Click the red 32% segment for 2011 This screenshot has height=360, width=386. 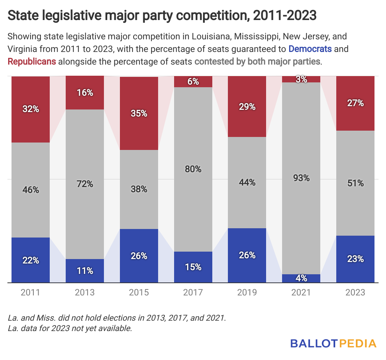pos(31,109)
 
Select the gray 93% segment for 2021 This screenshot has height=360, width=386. pos(301,178)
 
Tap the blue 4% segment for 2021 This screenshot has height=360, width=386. pos(301,278)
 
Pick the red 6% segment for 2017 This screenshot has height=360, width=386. pos(193,82)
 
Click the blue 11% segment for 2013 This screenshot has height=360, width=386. pos(85,271)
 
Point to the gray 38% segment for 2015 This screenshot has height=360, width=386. pos(139,189)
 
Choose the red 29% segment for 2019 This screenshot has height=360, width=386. pos(247,107)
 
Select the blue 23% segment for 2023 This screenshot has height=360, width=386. pos(355,259)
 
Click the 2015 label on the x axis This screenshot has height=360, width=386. pos(139,292)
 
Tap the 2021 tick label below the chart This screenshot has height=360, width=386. pos(301,292)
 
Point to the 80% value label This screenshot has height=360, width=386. pos(193,169)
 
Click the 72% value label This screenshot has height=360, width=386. pos(85,184)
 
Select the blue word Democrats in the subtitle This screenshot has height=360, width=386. pos(310,49)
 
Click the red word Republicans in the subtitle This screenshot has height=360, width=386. pos(32,61)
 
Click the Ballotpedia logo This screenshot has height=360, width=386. pos(333,343)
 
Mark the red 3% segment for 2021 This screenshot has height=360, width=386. pos(301,79)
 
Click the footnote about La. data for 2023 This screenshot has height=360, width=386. pos(70,328)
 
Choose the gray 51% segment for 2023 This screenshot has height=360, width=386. pos(355,183)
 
